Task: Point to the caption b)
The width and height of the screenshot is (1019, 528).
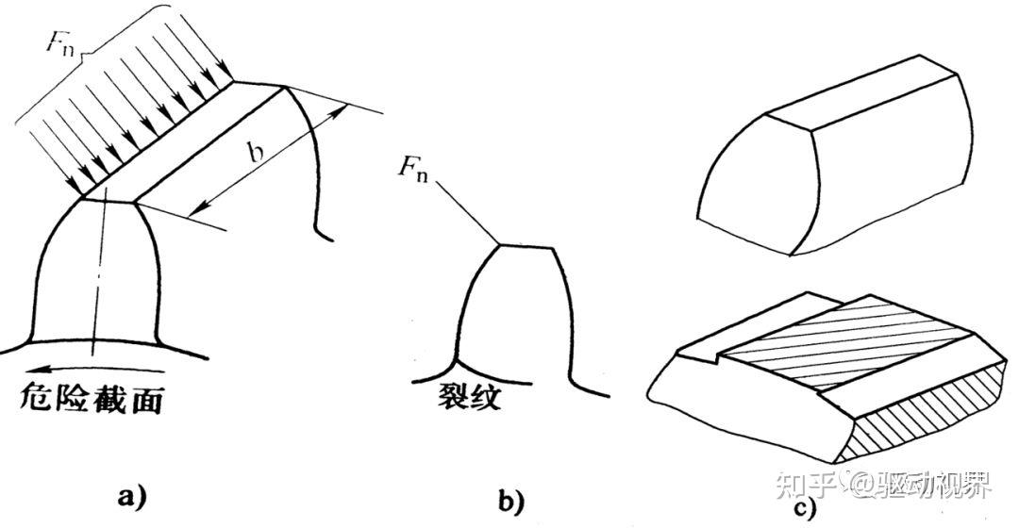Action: click(511, 502)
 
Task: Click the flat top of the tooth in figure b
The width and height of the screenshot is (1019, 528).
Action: click(525, 246)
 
